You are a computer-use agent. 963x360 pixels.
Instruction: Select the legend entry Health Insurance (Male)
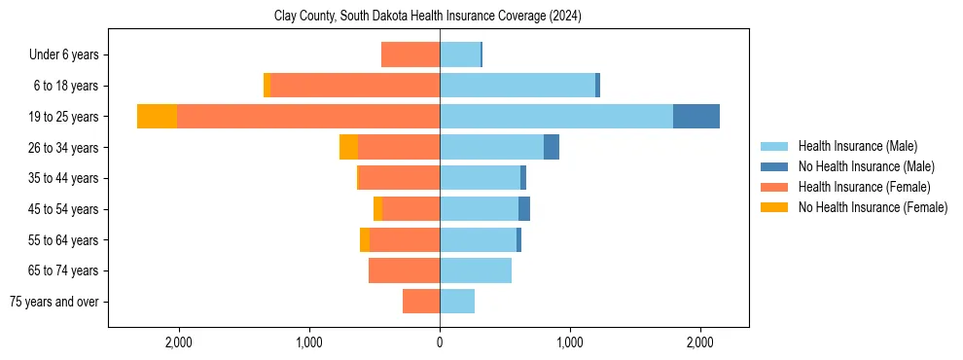tap(857, 146)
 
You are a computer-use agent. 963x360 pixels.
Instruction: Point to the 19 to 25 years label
tap(63, 117)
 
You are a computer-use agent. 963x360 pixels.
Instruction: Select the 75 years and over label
tap(54, 302)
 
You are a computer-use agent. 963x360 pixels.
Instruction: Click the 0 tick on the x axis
tap(440, 342)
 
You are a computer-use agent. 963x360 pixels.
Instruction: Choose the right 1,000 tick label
tap(570, 342)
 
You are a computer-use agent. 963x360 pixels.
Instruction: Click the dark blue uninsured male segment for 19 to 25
tap(696, 117)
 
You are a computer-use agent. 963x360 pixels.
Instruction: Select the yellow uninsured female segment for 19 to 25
tap(157, 117)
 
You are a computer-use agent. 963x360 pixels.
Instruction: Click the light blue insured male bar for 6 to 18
tap(517, 86)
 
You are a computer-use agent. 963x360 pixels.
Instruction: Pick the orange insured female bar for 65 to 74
tap(404, 270)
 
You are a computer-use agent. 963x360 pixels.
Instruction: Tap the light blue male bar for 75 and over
tap(457, 302)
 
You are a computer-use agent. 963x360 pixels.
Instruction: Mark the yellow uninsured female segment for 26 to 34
tap(348, 147)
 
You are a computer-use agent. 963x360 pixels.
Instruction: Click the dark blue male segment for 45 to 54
tap(524, 209)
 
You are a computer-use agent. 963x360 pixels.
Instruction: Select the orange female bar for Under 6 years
tap(410, 54)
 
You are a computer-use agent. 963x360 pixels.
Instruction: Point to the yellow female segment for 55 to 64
tap(365, 239)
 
